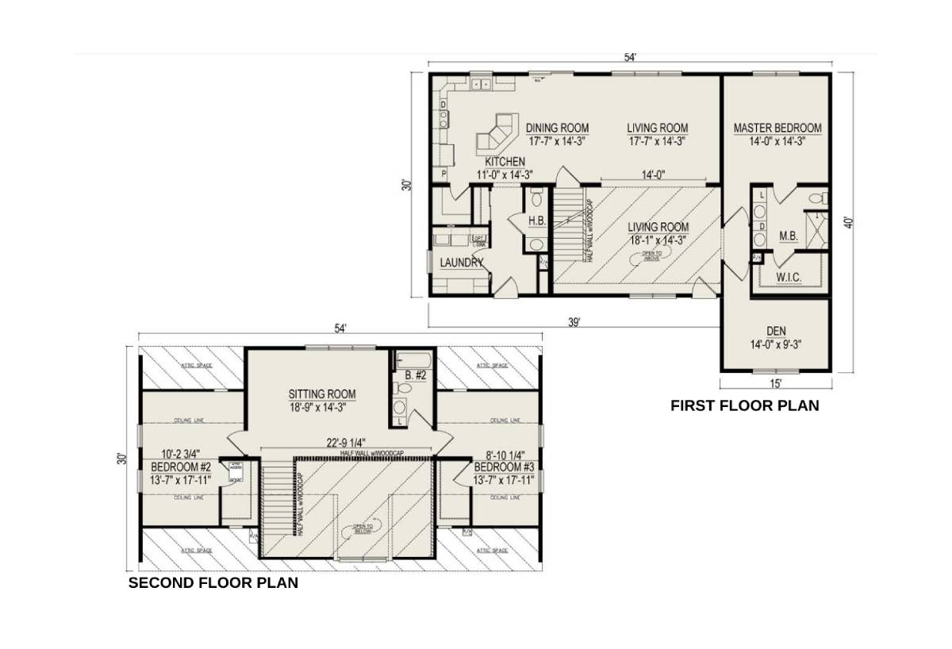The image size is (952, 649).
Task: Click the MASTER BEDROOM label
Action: click(x=777, y=128)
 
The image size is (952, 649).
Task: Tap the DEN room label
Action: click(x=776, y=331)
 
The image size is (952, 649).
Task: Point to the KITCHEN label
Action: click(x=499, y=162)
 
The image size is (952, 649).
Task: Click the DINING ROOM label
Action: click(x=557, y=128)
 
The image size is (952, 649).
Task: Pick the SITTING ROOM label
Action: click(x=321, y=394)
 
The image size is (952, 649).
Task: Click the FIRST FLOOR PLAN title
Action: click(x=744, y=405)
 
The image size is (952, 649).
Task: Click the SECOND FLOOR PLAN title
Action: click(x=213, y=583)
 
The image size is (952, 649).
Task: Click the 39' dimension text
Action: click(x=574, y=321)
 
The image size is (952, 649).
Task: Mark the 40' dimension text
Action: click(x=848, y=223)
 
